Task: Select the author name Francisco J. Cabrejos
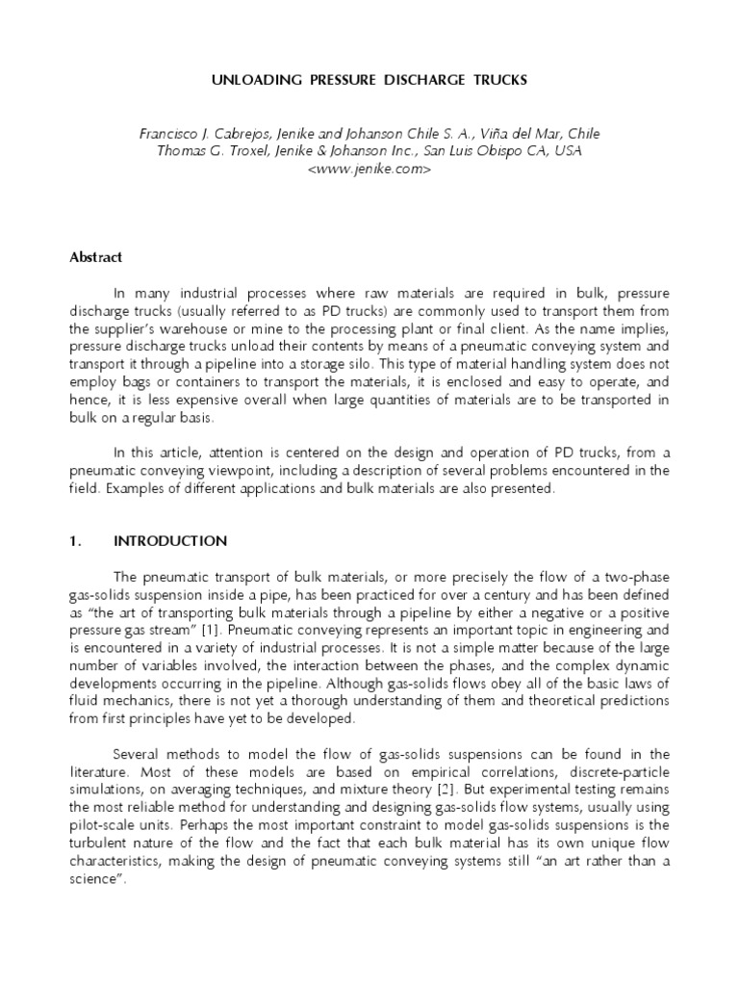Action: pyautogui.click(x=198, y=134)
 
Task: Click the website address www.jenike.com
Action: pyautogui.click(x=369, y=169)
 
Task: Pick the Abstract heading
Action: pyautogui.click(x=95, y=258)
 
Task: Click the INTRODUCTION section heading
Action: pyautogui.click(x=170, y=541)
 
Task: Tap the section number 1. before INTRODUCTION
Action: pyautogui.click(x=76, y=541)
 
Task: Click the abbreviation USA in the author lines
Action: pyautogui.click(x=586, y=151)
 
